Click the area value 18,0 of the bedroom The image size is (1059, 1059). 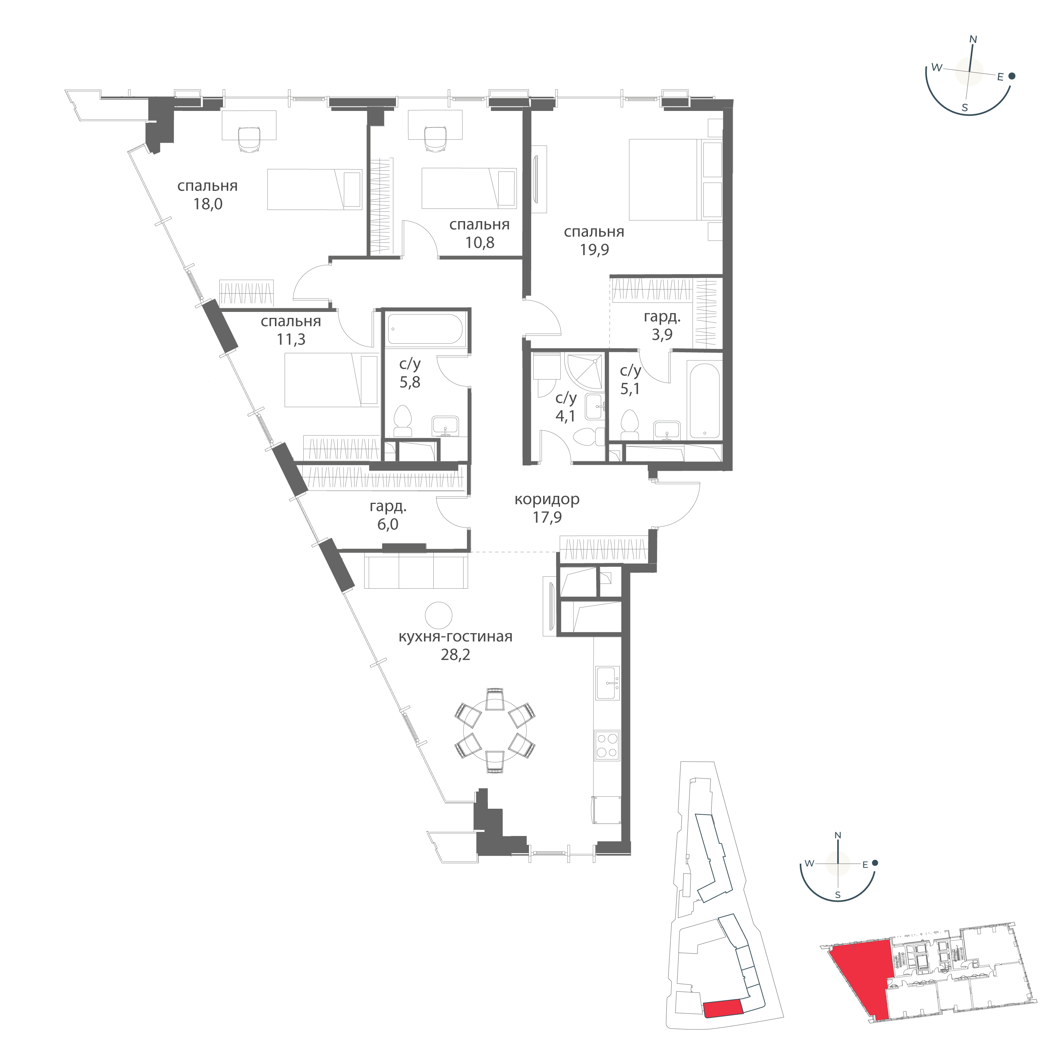click(x=208, y=204)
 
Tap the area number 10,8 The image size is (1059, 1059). click(x=480, y=242)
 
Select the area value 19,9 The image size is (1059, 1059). click(x=594, y=250)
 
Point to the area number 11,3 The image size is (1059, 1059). click(x=291, y=339)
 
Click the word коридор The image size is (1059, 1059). click(x=547, y=499)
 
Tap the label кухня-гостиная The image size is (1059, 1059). click(x=455, y=637)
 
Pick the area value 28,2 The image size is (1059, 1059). click(x=455, y=655)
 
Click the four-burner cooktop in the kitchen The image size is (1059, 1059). click(x=607, y=746)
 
